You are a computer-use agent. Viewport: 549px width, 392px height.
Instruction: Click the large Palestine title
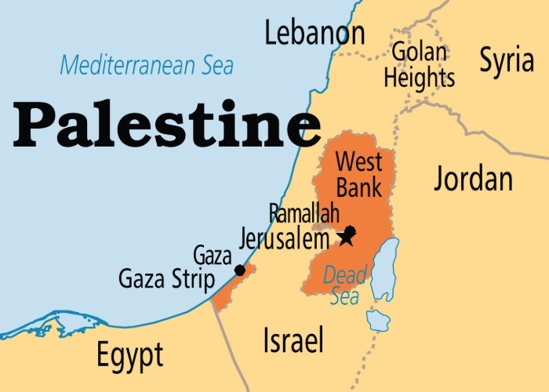166,125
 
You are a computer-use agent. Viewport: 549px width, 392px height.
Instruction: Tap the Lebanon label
314,34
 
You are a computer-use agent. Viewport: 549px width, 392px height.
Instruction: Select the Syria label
507,60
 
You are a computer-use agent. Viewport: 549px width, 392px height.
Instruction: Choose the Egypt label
129,355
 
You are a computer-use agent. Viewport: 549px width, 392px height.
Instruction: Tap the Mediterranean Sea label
147,65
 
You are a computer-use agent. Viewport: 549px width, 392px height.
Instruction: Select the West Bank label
358,175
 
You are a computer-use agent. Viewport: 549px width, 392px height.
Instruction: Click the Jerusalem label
285,237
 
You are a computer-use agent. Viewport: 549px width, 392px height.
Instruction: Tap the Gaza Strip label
166,278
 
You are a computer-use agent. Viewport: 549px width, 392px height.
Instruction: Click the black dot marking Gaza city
240,270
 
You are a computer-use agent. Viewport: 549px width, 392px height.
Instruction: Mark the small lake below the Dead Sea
378,319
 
